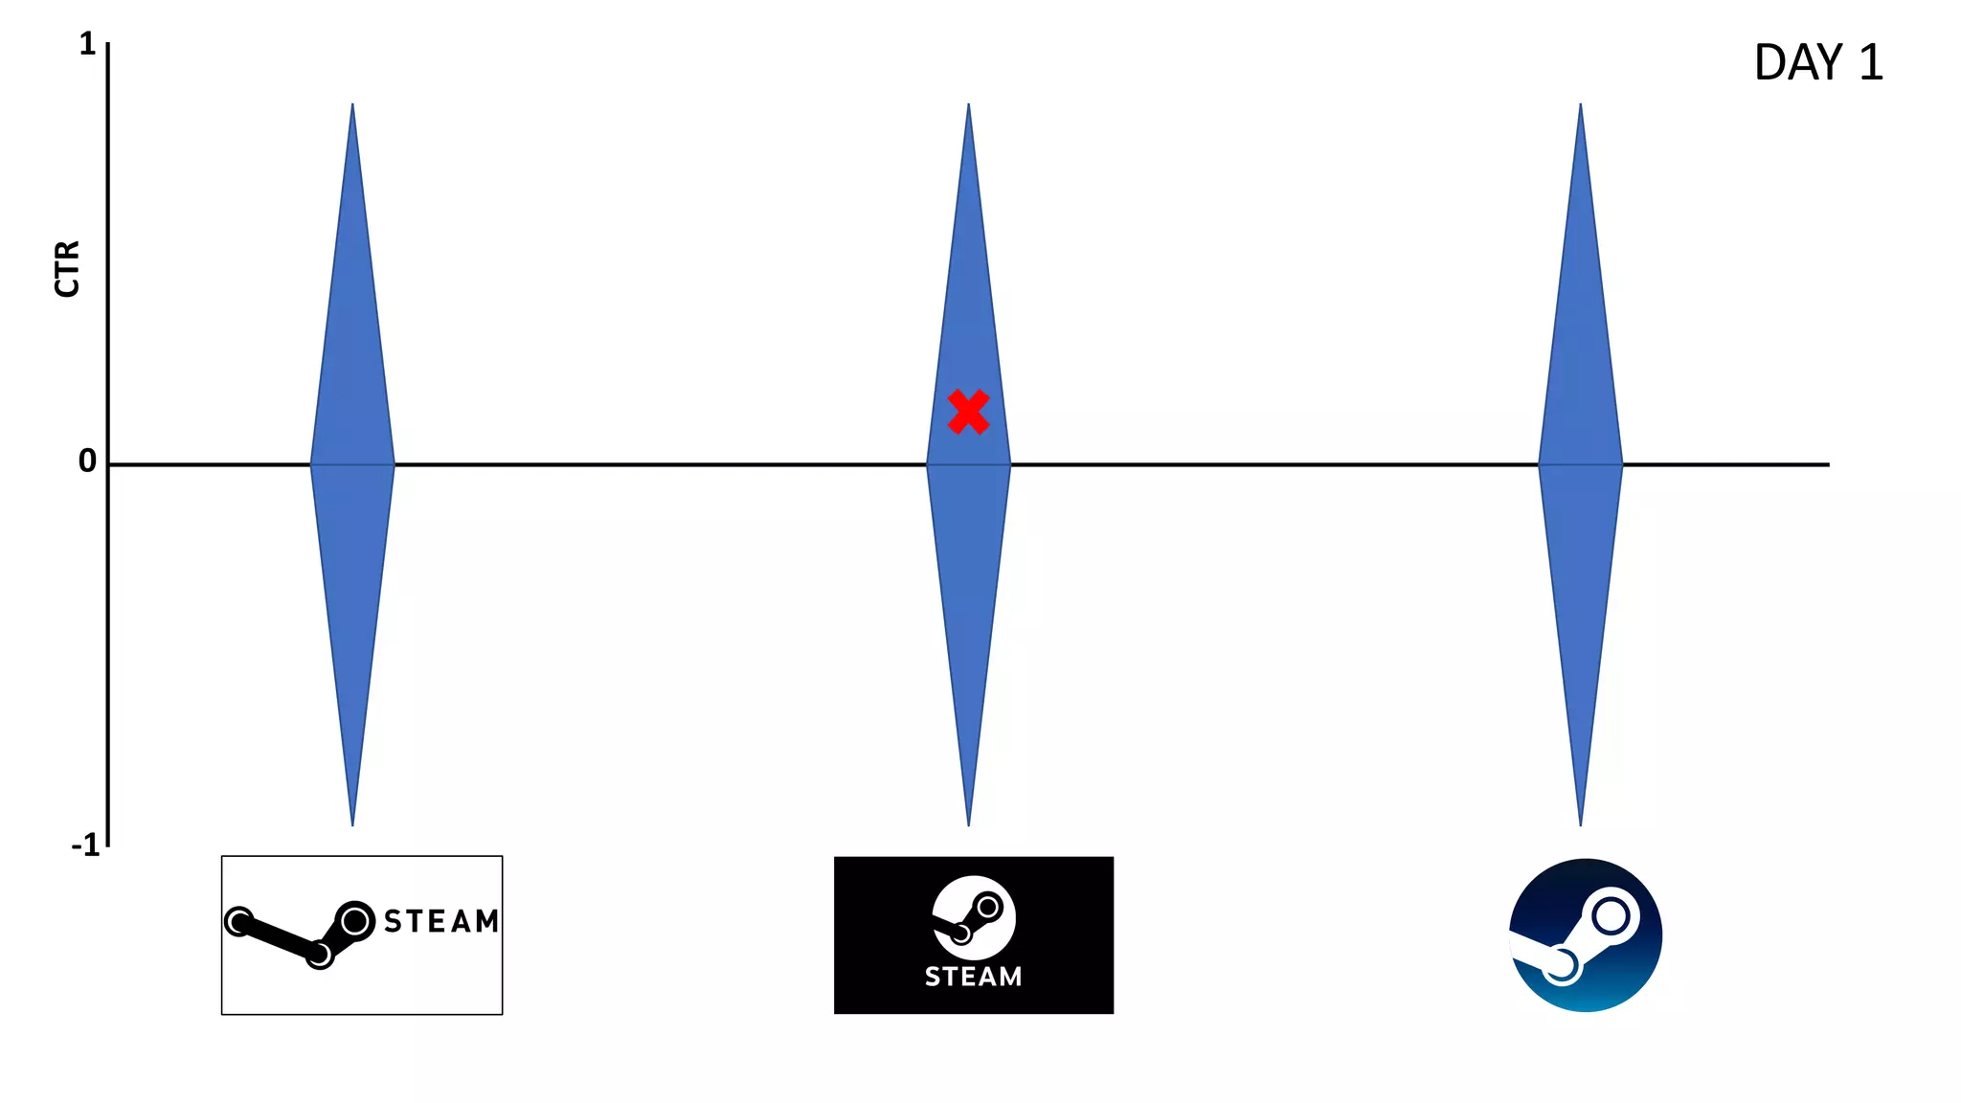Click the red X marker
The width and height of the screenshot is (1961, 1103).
tap(968, 412)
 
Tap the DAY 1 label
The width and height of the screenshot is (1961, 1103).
tap(1817, 63)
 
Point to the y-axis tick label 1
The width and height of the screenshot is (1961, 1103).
tap(87, 44)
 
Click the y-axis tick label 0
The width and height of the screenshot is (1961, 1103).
tap(87, 461)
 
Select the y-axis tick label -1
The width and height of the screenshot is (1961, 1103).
tap(85, 845)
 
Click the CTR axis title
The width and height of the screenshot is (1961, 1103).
tap(67, 269)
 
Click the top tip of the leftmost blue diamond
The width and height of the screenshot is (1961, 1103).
tap(352, 105)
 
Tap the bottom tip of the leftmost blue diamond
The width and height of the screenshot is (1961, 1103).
tap(352, 822)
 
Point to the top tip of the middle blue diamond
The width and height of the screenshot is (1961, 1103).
tap(968, 105)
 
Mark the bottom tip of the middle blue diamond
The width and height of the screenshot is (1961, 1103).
tap(968, 822)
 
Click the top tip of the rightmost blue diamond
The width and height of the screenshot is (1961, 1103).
tap(1580, 105)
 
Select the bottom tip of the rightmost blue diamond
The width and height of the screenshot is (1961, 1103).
tap(1580, 822)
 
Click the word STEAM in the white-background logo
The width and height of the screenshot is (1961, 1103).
tap(441, 921)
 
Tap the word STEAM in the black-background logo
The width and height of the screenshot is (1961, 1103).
tap(973, 977)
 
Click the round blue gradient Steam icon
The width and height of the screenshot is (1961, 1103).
tap(1586, 935)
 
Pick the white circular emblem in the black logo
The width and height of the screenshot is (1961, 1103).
tap(974, 917)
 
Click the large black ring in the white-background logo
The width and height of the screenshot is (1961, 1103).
tap(355, 921)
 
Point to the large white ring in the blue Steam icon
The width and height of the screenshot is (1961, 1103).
tap(1611, 916)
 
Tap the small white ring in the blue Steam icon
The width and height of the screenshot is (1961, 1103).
tap(1561, 965)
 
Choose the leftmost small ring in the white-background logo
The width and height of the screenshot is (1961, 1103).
tap(238, 921)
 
